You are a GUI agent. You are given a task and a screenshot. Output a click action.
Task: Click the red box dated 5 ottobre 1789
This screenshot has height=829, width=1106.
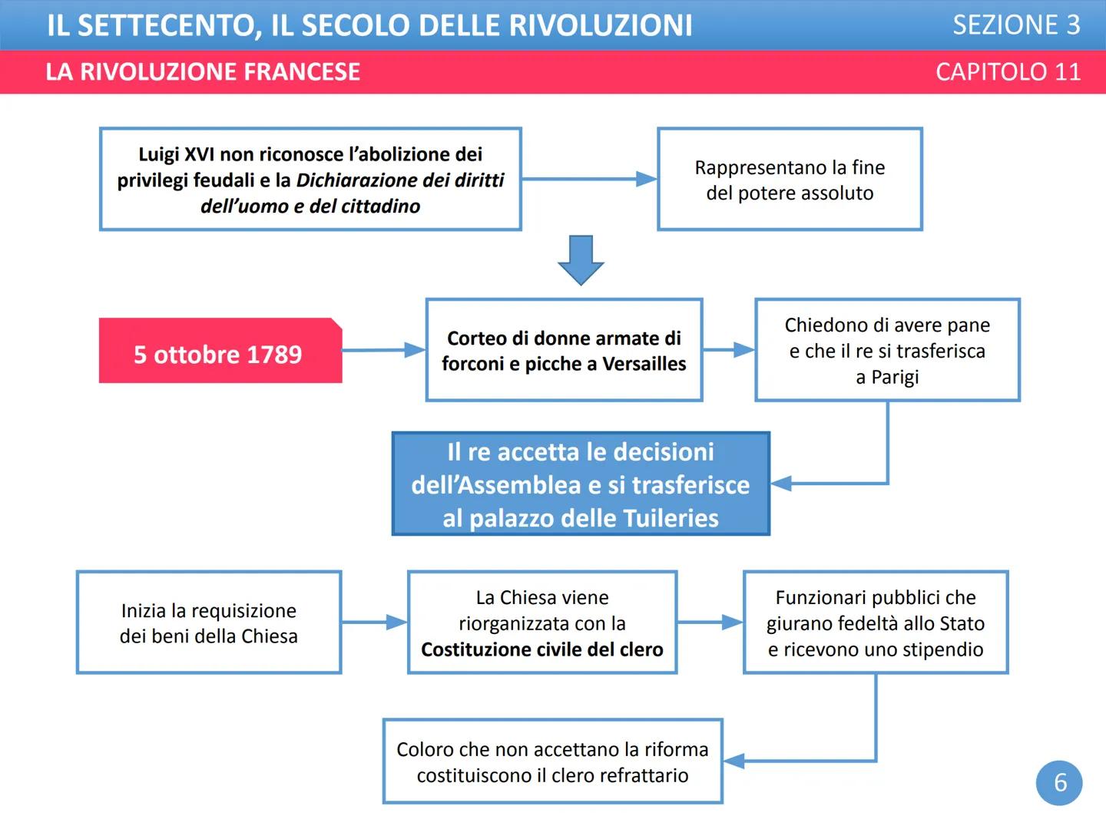coord(220,351)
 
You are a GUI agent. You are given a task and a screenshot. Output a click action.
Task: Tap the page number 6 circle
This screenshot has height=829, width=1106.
coord(1059,782)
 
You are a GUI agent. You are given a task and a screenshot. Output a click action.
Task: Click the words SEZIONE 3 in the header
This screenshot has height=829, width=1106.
coord(1015,25)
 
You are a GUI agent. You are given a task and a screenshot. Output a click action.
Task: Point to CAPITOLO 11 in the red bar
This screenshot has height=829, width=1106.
coord(1008,72)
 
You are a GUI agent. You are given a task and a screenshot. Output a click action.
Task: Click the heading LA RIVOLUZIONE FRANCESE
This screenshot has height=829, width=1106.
coord(203,72)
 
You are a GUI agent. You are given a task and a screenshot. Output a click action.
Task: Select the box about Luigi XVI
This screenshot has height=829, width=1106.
coord(310,180)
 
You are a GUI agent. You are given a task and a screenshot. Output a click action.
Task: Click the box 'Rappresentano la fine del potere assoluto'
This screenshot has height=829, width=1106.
coord(790,180)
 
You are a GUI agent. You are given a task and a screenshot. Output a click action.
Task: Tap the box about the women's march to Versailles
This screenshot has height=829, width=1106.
coord(564,350)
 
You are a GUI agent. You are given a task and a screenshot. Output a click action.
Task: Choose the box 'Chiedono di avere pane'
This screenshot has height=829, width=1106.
coord(887,350)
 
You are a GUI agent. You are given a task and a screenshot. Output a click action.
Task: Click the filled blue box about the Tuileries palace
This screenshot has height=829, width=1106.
coord(581,484)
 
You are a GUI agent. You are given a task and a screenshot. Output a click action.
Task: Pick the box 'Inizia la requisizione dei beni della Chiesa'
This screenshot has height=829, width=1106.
coord(209,623)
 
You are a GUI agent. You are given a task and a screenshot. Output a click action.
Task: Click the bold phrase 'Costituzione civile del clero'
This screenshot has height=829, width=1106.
coord(542,649)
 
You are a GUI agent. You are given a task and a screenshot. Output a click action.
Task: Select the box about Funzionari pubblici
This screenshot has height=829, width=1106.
coord(876,623)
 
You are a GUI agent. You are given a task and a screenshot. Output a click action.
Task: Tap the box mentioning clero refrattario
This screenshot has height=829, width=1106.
coord(552,761)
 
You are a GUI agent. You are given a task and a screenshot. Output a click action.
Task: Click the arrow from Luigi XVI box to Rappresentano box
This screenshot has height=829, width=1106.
coord(588,179)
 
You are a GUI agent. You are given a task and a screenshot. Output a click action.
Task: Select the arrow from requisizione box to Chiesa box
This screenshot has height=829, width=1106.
coord(374,622)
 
